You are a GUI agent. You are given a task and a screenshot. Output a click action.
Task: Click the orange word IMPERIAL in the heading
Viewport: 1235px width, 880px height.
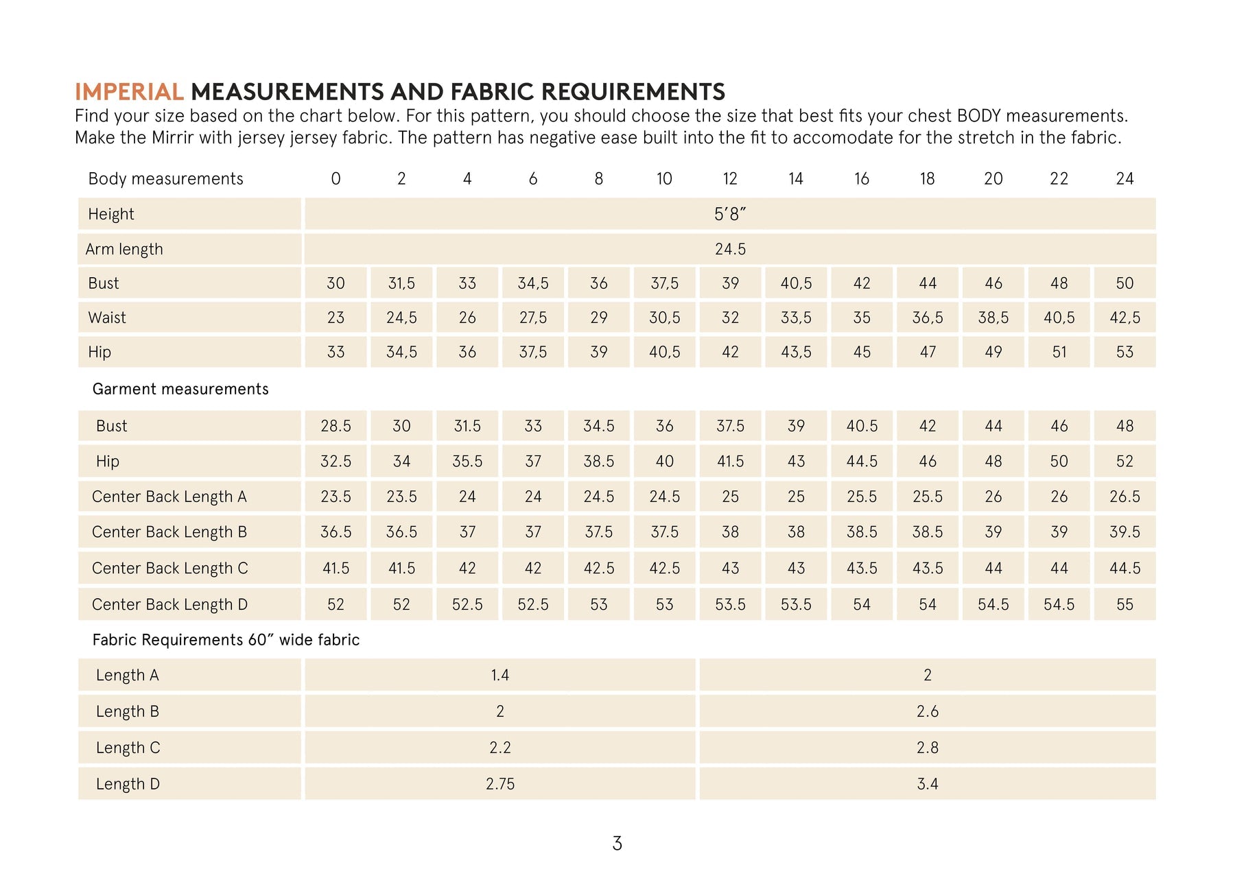[129, 92]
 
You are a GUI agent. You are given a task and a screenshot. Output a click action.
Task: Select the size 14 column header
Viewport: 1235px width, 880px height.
[795, 179]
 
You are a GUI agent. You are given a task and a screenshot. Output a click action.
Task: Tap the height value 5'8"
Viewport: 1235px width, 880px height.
[729, 214]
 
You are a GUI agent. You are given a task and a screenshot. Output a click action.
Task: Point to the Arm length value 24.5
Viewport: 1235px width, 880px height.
[729, 249]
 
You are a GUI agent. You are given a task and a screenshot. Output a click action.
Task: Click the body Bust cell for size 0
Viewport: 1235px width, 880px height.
[336, 283]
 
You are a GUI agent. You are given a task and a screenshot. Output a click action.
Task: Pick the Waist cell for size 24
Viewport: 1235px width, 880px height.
[1125, 318]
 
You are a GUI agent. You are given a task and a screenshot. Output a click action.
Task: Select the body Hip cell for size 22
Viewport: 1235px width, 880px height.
[1059, 352]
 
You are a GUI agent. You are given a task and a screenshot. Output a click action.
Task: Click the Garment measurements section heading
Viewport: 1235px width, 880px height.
[180, 389]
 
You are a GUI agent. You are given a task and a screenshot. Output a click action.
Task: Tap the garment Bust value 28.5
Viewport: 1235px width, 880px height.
[336, 426]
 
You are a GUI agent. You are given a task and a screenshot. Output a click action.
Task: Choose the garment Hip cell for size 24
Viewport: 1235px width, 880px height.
[1125, 462]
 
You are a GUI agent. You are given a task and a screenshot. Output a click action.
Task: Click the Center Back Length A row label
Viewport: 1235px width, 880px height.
[169, 497]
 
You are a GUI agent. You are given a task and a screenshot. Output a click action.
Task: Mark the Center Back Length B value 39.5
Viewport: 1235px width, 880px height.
[1125, 532]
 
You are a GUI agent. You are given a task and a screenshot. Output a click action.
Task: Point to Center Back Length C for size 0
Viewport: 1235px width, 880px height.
[336, 568]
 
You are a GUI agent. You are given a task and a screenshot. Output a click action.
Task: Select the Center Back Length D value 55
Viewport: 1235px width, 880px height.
[1125, 604]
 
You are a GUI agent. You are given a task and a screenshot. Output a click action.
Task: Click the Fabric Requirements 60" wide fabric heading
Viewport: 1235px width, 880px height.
[226, 640]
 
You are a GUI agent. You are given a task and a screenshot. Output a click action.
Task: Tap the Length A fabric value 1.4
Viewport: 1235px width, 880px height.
[499, 675]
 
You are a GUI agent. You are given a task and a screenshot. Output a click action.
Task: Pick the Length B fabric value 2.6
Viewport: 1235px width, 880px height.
[927, 711]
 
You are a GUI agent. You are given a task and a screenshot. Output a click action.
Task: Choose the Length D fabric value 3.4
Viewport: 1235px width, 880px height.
[927, 784]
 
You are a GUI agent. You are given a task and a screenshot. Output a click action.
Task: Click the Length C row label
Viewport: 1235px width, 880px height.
[128, 748]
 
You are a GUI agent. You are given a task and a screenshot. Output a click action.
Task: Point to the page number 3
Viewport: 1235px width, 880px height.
[617, 844]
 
